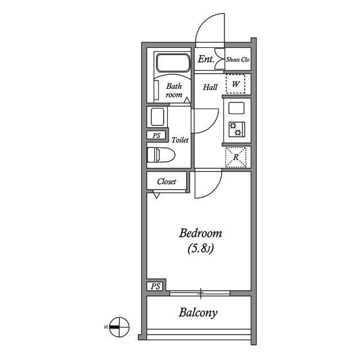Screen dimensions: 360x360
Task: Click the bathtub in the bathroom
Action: point(173,62)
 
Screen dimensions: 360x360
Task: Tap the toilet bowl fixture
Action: point(161,155)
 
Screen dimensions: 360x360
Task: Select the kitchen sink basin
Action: point(236,108)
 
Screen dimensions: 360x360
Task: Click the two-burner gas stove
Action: point(237,129)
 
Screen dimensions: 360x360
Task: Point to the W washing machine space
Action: point(236,84)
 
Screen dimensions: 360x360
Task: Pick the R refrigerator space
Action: point(236,157)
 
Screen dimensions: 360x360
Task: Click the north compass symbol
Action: point(119,327)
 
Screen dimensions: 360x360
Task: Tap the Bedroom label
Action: point(200,233)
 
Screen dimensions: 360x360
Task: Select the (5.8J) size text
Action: point(201,249)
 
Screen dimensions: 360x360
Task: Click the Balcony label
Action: point(198,313)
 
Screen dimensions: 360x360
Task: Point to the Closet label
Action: point(166,182)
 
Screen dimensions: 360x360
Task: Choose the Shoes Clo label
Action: point(237,60)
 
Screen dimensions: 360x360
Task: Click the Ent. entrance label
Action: point(206,59)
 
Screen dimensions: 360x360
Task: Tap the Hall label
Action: point(210,87)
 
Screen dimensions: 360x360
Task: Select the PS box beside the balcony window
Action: point(155,286)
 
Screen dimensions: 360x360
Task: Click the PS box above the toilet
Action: point(156,136)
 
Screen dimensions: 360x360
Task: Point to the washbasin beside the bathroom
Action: point(157,116)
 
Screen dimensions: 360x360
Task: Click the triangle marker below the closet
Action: point(156,195)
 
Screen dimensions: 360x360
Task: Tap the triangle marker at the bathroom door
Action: point(187,100)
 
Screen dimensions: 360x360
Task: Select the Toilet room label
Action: point(180,140)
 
